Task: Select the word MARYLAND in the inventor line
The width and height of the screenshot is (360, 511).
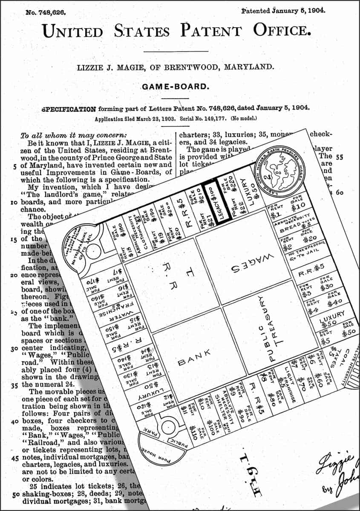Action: [248, 67]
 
